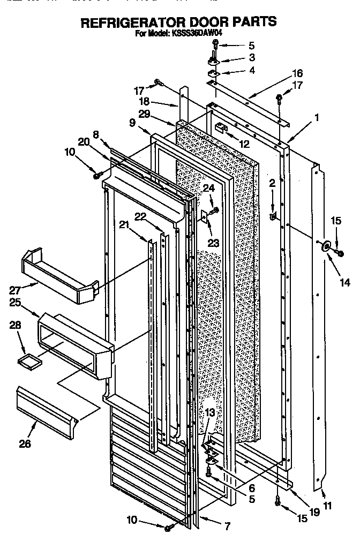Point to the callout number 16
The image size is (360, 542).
point(297,73)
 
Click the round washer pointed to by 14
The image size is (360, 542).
point(325,245)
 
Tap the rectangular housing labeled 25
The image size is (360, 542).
point(75,345)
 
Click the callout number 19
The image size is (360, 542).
point(314,511)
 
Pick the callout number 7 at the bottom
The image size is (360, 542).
point(227,526)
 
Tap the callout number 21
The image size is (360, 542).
point(124,225)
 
